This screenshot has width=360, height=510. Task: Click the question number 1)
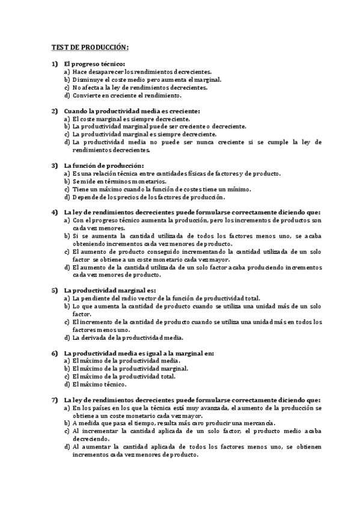click(54, 64)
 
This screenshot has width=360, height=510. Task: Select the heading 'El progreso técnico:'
click(94, 64)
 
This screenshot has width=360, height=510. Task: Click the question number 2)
click(54, 111)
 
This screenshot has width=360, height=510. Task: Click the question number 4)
click(54, 212)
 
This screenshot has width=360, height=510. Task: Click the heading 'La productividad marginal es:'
click(109, 291)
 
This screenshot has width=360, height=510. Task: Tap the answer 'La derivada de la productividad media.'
click(127, 338)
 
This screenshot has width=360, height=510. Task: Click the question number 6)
click(54, 353)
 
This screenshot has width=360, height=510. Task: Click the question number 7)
click(54, 400)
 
